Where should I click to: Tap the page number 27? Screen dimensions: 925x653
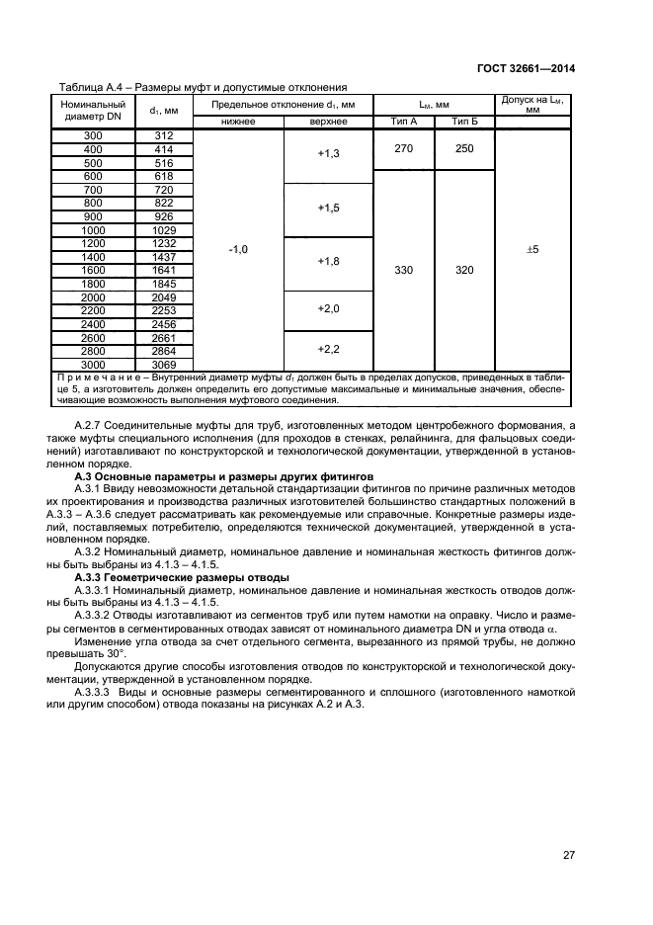[x=569, y=857]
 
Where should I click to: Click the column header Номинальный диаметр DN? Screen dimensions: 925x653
[x=93, y=110]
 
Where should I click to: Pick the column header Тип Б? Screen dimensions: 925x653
[x=464, y=122]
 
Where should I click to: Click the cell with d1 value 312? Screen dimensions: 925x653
[x=164, y=135]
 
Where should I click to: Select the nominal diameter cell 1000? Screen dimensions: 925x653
[x=93, y=229]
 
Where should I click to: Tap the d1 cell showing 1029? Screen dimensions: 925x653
[x=164, y=229]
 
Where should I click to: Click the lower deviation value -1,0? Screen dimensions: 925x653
[x=238, y=250]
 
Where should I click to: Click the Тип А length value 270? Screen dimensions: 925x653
[x=404, y=148]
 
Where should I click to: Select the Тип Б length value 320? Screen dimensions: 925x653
[x=464, y=269]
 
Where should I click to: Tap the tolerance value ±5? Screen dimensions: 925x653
[x=532, y=250]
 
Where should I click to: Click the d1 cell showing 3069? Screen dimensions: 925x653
[x=164, y=363]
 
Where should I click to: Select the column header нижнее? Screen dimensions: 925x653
[x=238, y=122]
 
